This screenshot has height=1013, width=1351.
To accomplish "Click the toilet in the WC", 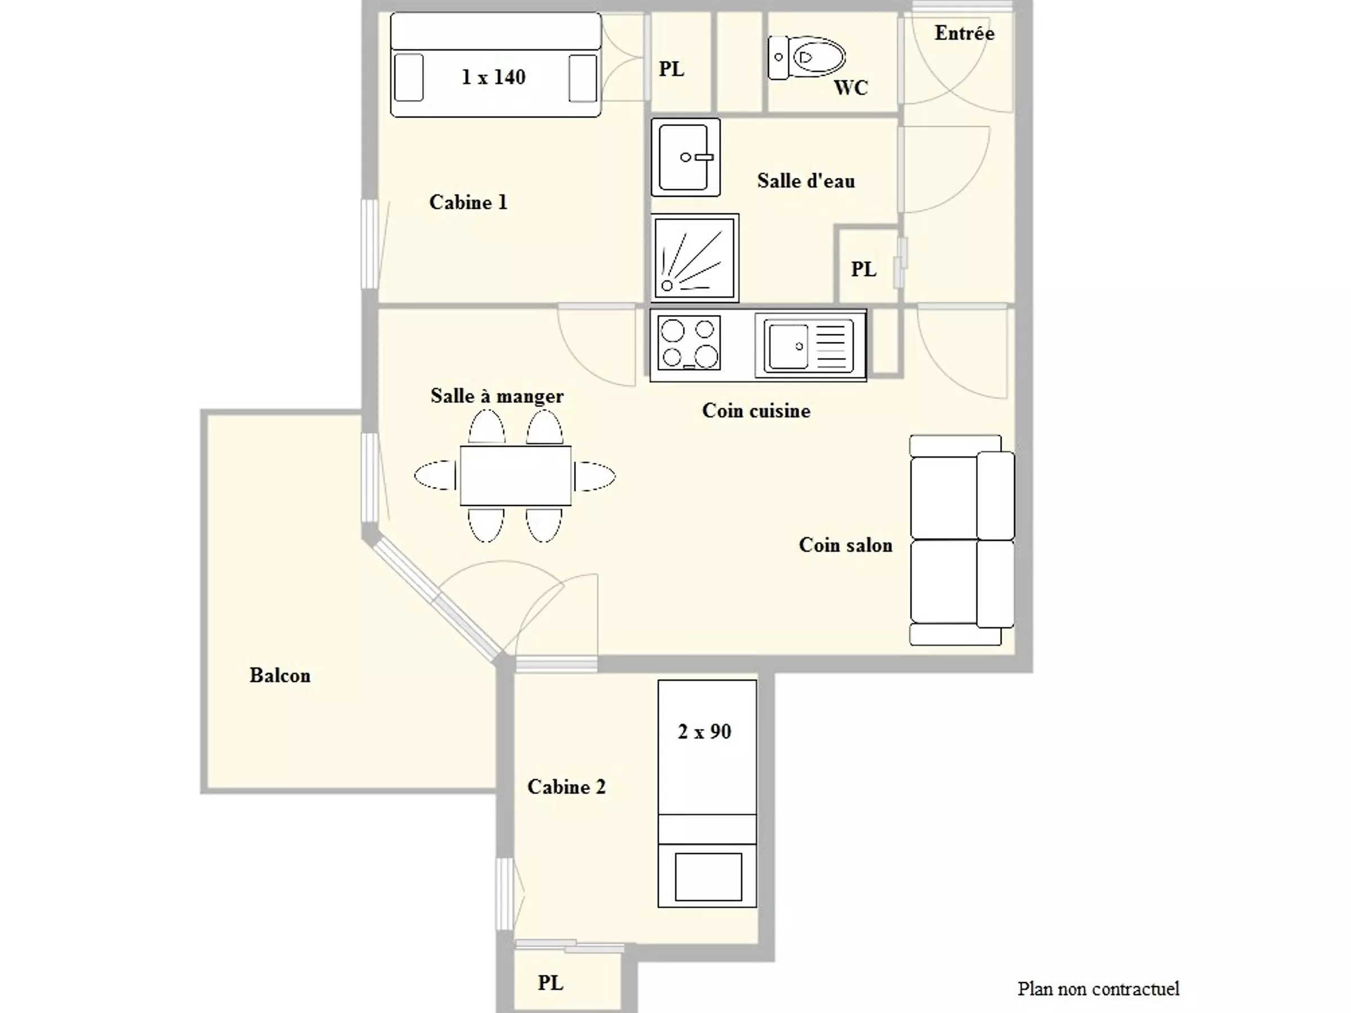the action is [x=806, y=57].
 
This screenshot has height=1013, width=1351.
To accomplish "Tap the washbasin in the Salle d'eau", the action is [x=685, y=157].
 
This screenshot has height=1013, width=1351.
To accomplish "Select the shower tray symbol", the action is [x=695, y=258].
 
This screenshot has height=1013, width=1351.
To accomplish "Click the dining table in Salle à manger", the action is [x=516, y=476].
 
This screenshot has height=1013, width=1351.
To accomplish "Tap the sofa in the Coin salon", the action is [x=962, y=540].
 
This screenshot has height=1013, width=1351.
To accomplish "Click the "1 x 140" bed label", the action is [x=494, y=77].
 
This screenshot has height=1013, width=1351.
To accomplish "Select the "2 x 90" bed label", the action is [x=704, y=732].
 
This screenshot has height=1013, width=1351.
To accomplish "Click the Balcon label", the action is [x=280, y=675].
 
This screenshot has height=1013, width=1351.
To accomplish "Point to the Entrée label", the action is [x=964, y=33].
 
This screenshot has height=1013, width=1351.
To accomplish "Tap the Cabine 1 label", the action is [x=468, y=202].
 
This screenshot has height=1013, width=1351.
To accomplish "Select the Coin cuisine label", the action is [x=756, y=410].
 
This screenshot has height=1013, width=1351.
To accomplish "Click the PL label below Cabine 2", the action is [x=551, y=983].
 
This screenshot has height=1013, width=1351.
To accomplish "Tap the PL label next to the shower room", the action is [x=864, y=268].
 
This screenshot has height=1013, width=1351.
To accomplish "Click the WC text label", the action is [x=851, y=88].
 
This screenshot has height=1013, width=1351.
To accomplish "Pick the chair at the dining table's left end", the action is [x=436, y=475].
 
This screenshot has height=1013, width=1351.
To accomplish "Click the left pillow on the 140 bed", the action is [x=409, y=78].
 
